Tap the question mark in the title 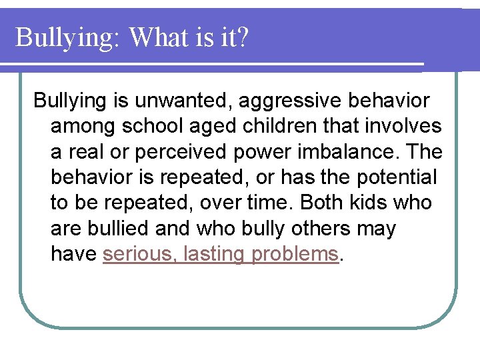pyautogui.click(x=241, y=37)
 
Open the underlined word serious pyautogui.click(x=135, y=254)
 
